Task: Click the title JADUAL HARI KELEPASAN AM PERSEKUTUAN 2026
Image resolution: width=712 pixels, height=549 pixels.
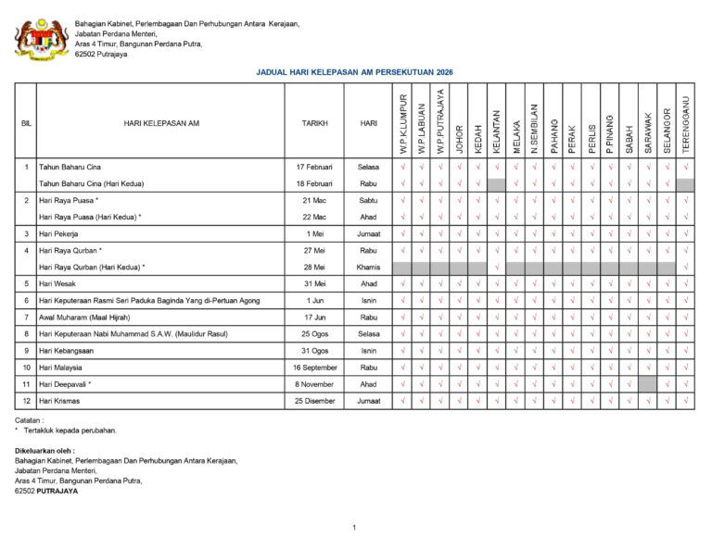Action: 355,71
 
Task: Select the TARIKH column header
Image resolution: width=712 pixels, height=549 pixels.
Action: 314,122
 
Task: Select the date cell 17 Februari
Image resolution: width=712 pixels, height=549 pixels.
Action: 314,168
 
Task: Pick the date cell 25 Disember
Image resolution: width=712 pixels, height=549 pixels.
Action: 314,401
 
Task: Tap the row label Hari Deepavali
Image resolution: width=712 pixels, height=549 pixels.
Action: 64,384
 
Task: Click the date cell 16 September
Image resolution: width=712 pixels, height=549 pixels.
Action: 314,368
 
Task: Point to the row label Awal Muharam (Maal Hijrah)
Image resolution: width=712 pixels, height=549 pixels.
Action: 84,318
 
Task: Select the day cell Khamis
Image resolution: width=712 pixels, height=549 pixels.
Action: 368,268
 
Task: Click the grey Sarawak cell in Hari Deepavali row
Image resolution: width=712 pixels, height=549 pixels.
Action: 647,384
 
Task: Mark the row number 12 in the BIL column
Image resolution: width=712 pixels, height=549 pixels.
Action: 25,401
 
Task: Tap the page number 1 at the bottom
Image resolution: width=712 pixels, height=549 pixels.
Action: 354,528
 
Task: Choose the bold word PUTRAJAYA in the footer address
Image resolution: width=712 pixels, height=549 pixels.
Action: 57,491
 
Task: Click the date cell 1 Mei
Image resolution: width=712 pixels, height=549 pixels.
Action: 314,234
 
